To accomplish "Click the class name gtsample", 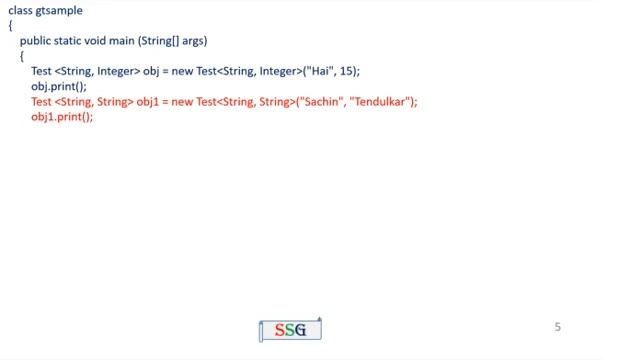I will pos(60,11).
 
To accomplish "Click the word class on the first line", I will pos(20,11).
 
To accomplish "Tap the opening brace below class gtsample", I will pos(10,26).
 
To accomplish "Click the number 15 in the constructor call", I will pos(338,72).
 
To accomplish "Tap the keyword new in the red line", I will pos(185,102).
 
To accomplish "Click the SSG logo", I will pos(290,329).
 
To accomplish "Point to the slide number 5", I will pos(558,327).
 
